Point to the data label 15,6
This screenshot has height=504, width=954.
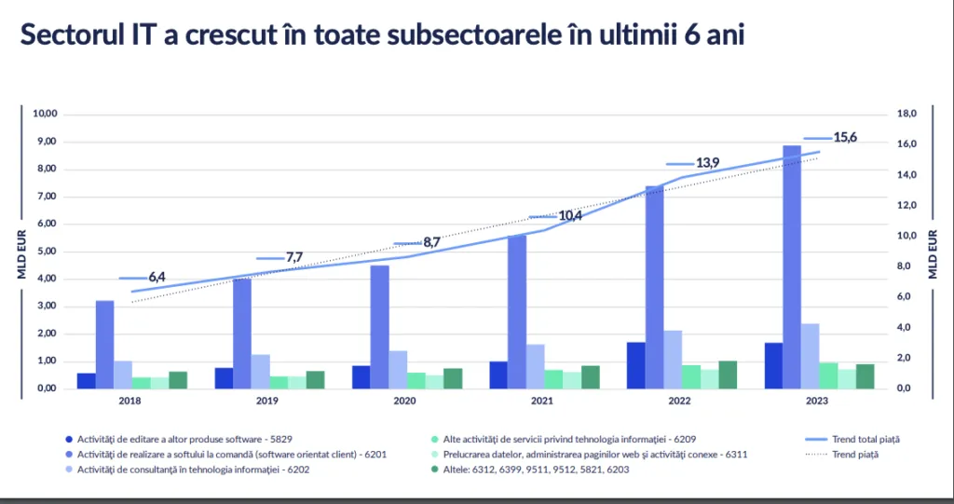click(x=845, y=138)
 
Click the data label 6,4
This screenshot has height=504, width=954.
click(x=157, y=278)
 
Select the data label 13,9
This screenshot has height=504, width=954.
click(x=708, y=163)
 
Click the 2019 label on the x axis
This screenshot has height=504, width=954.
click(x=267, y=402)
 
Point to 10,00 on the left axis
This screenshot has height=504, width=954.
click(x=45, y=115)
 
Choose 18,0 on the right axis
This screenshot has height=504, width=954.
click(x=907, y=115)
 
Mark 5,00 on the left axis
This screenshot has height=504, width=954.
click(x=47, y=252)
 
